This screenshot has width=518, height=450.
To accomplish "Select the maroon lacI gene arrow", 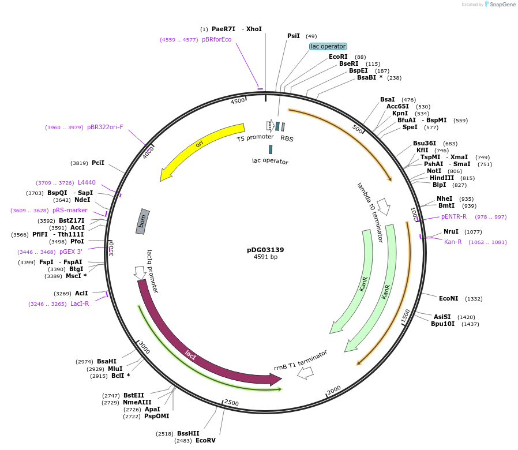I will [x=190, y=352].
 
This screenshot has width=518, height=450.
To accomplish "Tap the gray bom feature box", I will [x=142, y=222].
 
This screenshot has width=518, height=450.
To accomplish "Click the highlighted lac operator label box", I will [x=328, y=46].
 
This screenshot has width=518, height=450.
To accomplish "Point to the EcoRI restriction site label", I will [x=338, y=57].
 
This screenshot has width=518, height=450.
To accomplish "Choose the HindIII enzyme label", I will [x=441, y=178].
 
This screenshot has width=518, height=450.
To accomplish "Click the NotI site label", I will [x=434, y=171].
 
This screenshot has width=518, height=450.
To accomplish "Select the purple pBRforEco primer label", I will [x=216, y=40].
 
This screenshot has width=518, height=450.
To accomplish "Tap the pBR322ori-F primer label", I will [x=105, y=127].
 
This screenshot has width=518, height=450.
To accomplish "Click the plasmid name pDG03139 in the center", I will [x=265, y=250].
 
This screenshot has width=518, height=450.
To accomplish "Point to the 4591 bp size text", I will [x=265, y=257].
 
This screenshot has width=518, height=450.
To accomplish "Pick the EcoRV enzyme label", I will [x=205, y=440].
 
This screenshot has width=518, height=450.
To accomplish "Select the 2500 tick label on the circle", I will [x=231, y=402].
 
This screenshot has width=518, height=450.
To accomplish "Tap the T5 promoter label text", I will [x=255, y=138].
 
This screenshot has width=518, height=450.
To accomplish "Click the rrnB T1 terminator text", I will [x=301, y=360].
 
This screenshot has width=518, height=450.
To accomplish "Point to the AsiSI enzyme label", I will [x=442, y=317].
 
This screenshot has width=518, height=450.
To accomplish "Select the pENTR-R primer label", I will [x=454, y=216].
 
